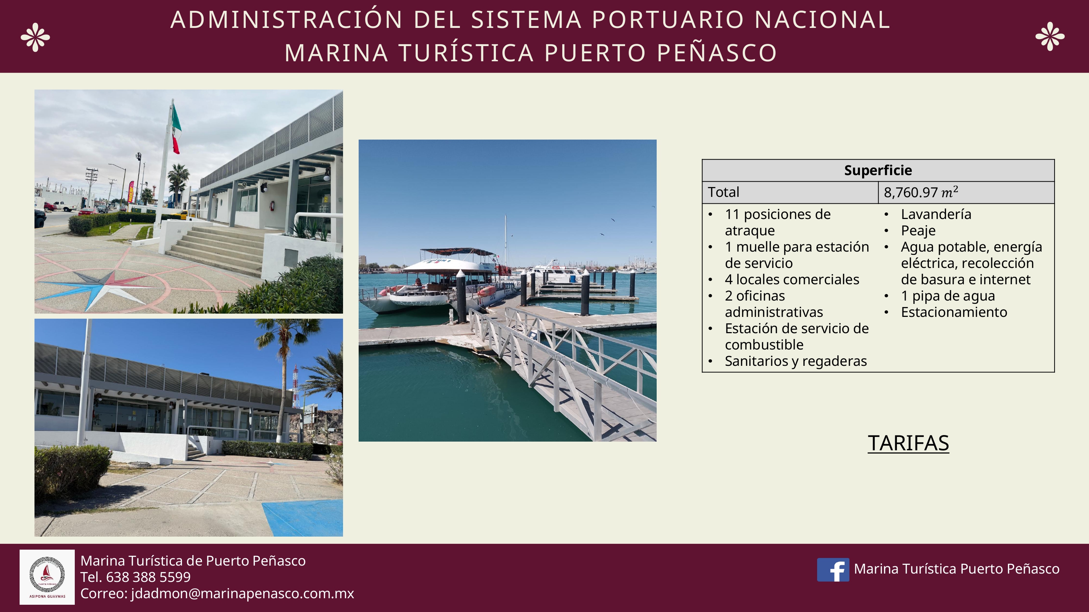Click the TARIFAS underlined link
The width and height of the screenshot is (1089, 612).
pos(908,443)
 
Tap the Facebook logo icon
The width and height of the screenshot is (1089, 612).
pos(832,569)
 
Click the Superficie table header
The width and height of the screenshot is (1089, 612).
pos(878,170)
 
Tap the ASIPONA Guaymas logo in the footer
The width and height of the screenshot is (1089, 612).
pos(47,577)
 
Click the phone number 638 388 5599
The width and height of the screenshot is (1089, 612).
pos(148,577)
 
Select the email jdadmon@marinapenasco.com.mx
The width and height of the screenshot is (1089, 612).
pos(242,594)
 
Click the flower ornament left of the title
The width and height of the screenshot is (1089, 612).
pos(35,37)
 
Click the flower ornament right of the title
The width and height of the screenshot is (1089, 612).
pos(1050,36)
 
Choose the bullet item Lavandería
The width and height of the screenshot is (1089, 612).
pos(935,215)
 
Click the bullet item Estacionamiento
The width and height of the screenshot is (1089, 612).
pos(954,313)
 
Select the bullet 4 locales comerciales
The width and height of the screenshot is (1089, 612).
pos(791,280)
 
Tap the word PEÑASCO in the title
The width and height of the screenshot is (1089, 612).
pos(717,53)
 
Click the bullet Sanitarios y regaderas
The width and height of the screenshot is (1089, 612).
pos(795,361)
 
